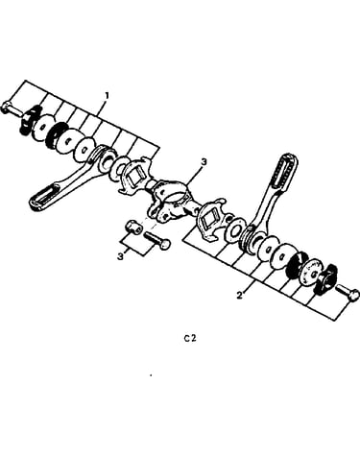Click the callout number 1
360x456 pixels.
108,96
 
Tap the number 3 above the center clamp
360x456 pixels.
204,162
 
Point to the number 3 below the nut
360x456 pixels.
120,256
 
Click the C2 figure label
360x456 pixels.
190,338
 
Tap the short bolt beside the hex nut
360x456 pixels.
156,240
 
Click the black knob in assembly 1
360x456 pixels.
30,119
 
